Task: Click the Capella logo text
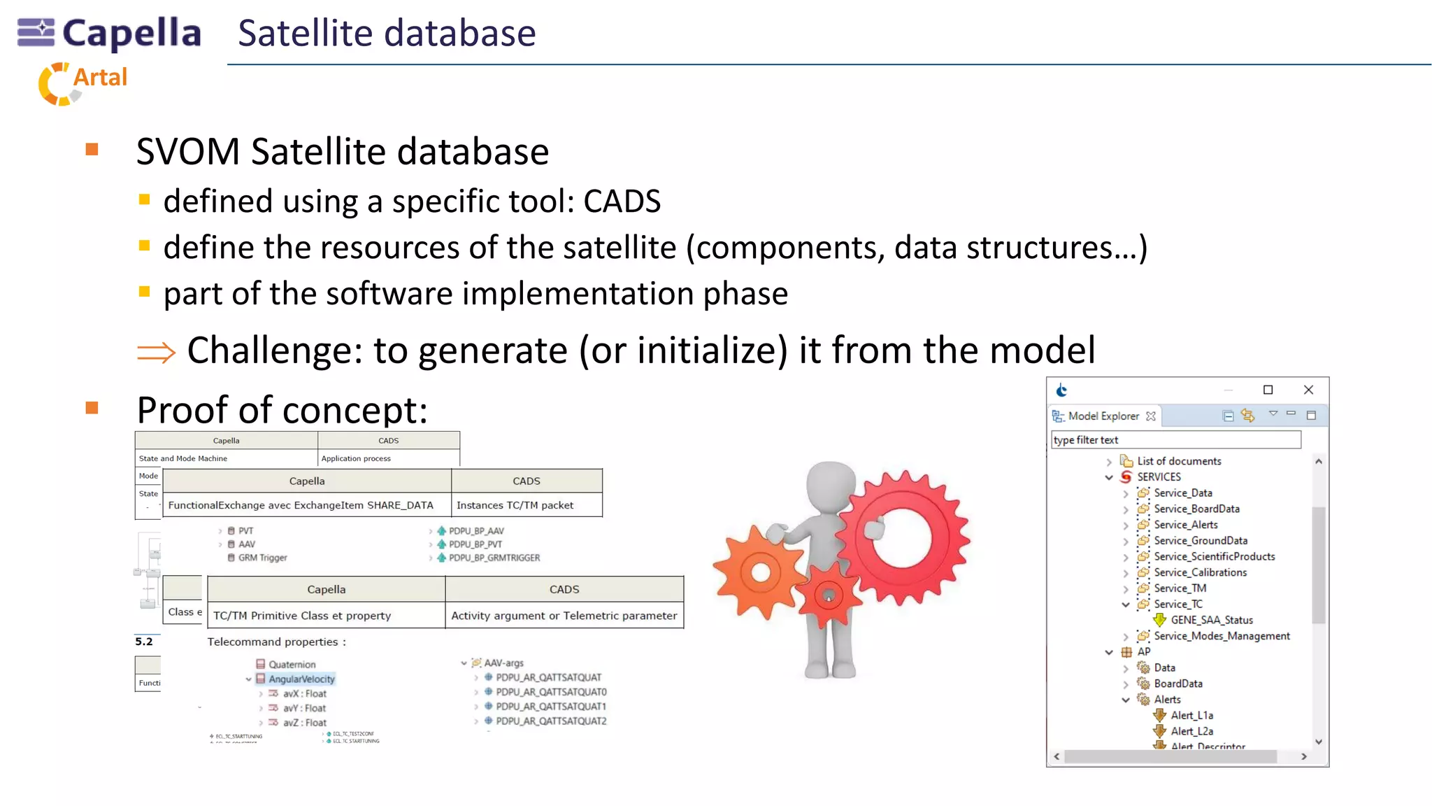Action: pos(131,34)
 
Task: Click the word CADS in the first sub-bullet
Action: pos(622,201)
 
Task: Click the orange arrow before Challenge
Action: pos(156,352)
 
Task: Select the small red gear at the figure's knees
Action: pos(829,595)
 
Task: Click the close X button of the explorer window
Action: pos(1308,390)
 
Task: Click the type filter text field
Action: pos(1175,439)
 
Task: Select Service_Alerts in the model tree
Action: pos(1185,525)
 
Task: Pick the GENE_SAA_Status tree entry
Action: pos(1211,620)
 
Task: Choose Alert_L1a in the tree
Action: pos(1191,715)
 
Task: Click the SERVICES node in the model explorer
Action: pos(1158,476)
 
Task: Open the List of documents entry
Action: pos(1178,461)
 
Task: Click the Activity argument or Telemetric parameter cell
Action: pos(564,616)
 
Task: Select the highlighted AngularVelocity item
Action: pos(301,679)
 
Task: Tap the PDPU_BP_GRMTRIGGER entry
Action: pos(494,558)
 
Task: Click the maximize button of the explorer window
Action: pos(1268,390)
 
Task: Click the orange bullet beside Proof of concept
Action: pos(92,408)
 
